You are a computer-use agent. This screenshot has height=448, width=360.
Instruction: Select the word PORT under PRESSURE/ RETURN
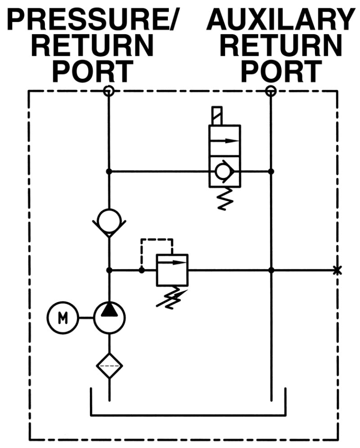click(x=92, y=71)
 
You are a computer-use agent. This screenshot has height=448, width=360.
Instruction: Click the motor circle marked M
click(x=62, y=318)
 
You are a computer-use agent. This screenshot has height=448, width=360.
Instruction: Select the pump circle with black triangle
click(x=109, y=318)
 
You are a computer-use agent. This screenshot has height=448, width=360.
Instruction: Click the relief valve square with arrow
click(x=172, y=270)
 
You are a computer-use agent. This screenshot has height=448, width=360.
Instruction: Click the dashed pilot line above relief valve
click(x=157, y=241)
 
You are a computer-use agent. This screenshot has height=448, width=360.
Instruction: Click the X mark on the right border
click(x=336, y=270)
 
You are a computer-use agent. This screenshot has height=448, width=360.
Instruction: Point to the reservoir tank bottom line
click(x=187, y=415)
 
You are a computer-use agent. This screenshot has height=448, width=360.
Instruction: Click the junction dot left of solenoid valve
click(x=109, y=172)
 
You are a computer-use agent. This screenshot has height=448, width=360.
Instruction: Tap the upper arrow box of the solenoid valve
click(x=224, y=140)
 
